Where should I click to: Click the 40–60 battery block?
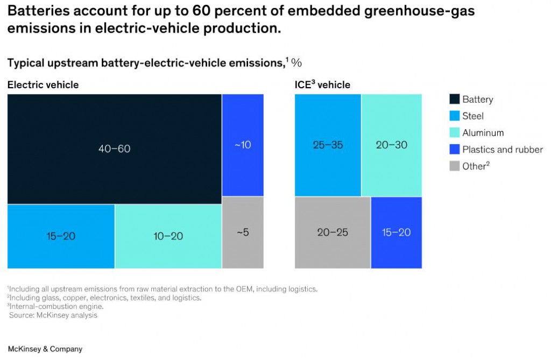click(x=114, y=149)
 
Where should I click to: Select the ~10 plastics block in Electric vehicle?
click(x=243, y=145)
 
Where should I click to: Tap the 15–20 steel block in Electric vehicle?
click(x=61, y=236)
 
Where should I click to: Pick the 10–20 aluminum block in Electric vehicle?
click(x=168, y=236)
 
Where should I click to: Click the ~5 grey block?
click(x=243, y=232)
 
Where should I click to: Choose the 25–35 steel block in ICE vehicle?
click(x=328, y=145)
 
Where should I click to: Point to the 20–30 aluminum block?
click(x=391, y=145)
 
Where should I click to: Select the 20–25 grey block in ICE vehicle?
click(x=333, y=232)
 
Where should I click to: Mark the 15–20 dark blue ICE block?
click(x=396, y=232)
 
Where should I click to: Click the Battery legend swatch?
click(x=454, y=99)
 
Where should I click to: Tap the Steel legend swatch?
click(x=454, y=116)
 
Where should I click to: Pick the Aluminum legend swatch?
click(x=454, y=133)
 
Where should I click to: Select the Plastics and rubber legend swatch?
click(x=454, y=150)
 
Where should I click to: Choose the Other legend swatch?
click(x=454, y=166)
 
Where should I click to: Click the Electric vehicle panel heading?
click(x=43, y=85)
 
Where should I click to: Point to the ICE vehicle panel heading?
click(x=322, y=85)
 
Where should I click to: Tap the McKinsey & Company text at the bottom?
click(x=45, y=349)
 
